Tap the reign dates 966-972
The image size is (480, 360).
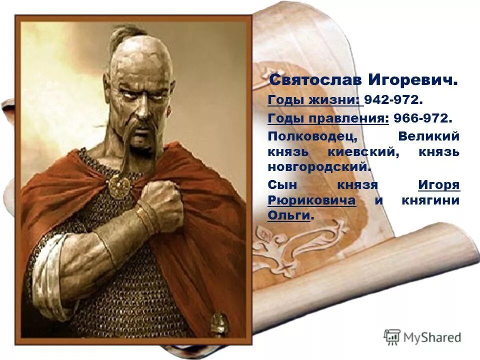(422, 119)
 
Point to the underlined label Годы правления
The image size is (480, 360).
(328, 119)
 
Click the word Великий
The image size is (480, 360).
(428, 136)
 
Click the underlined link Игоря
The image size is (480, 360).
(438, 185)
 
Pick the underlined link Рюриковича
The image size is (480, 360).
(312, 200)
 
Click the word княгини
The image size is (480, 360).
(430, 200)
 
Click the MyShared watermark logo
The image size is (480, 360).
(422, 337)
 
